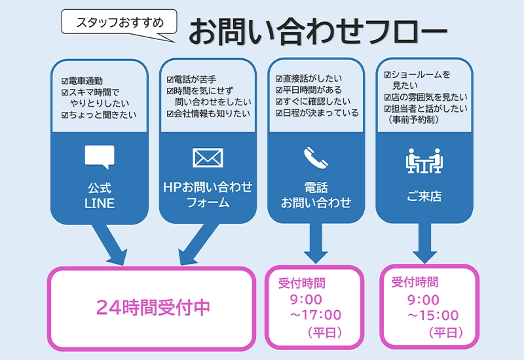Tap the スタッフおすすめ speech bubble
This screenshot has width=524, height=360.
point(119,22)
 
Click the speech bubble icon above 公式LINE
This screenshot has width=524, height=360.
point(100,156)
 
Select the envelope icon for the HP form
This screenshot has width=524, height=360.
point(208,158)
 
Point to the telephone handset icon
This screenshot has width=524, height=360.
point(316,158)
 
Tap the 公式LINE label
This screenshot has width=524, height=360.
point(100,196)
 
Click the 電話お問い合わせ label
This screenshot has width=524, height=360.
point(316,195)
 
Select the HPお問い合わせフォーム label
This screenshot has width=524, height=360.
point(208,195)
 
